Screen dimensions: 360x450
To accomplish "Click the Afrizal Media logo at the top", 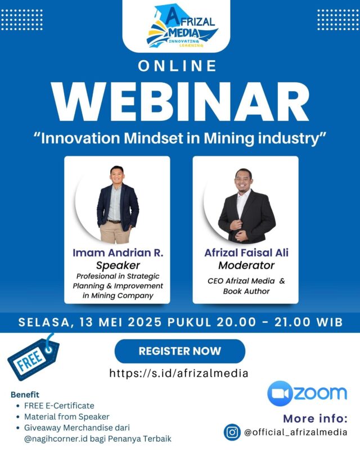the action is point(181,26).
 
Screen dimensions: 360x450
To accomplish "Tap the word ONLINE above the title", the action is point(177,66).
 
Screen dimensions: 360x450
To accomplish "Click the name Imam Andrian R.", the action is point(118,253).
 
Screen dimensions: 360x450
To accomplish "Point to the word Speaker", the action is point(118,265).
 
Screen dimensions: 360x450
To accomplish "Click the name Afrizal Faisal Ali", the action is point(246,253).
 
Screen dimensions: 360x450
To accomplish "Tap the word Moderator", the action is point(246,265).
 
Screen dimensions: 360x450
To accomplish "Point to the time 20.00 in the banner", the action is point(236,322).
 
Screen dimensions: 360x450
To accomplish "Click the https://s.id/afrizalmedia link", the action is point(179,373).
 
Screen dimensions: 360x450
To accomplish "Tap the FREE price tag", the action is point(33,358).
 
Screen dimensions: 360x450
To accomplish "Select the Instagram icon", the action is point(232,432).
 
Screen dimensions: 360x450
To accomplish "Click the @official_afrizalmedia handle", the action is point(295,432).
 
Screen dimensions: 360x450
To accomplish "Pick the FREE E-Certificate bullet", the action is point(59,406).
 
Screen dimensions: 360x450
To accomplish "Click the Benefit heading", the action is point(25,395).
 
